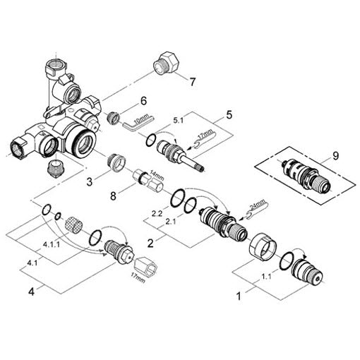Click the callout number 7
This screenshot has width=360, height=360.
tap(193, 82)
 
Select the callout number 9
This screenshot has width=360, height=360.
tap(335, 156)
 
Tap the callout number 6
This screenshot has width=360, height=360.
tap(143, 101)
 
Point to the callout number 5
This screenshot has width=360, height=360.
tap(229, 114)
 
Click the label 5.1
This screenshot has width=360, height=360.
tap(178, 121)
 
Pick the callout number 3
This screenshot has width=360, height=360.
tap(90, 182)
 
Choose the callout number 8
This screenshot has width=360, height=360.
tap(113, 196)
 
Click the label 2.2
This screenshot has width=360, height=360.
tap(157, 214)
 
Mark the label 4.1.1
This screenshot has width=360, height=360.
tap(52, 245)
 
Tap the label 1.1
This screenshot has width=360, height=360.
tap(266, 276)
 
